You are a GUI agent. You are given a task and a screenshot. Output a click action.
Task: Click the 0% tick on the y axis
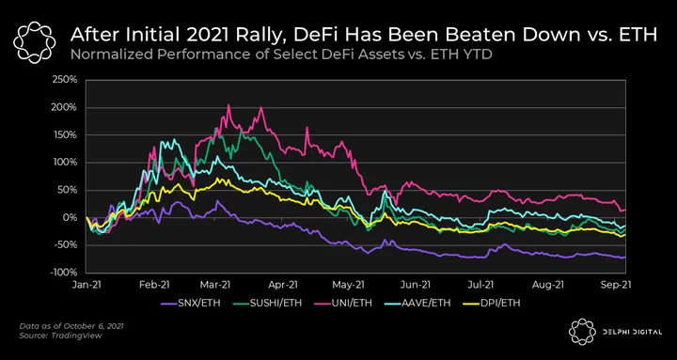coord(71,217)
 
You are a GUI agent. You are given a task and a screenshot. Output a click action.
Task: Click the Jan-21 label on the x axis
coord(86,285)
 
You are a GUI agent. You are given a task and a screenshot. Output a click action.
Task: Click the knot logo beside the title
coord(35,42)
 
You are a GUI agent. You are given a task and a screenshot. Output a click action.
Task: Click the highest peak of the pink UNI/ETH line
coord(228,105)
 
